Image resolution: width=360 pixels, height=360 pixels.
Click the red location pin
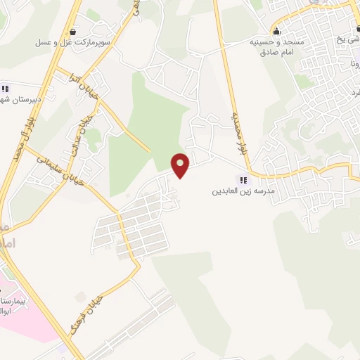coord(181,165)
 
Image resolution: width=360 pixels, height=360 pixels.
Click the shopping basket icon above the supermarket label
coord(75,32)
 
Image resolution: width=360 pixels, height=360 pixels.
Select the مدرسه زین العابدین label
coord(243,191)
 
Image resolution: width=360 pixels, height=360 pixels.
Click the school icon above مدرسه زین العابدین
coord(244,180)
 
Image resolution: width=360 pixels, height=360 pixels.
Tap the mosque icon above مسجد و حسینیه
coord(276,31)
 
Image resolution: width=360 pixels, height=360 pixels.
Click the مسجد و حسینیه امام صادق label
coord(278,46)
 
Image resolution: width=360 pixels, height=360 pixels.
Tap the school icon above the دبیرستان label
coord(5,89)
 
